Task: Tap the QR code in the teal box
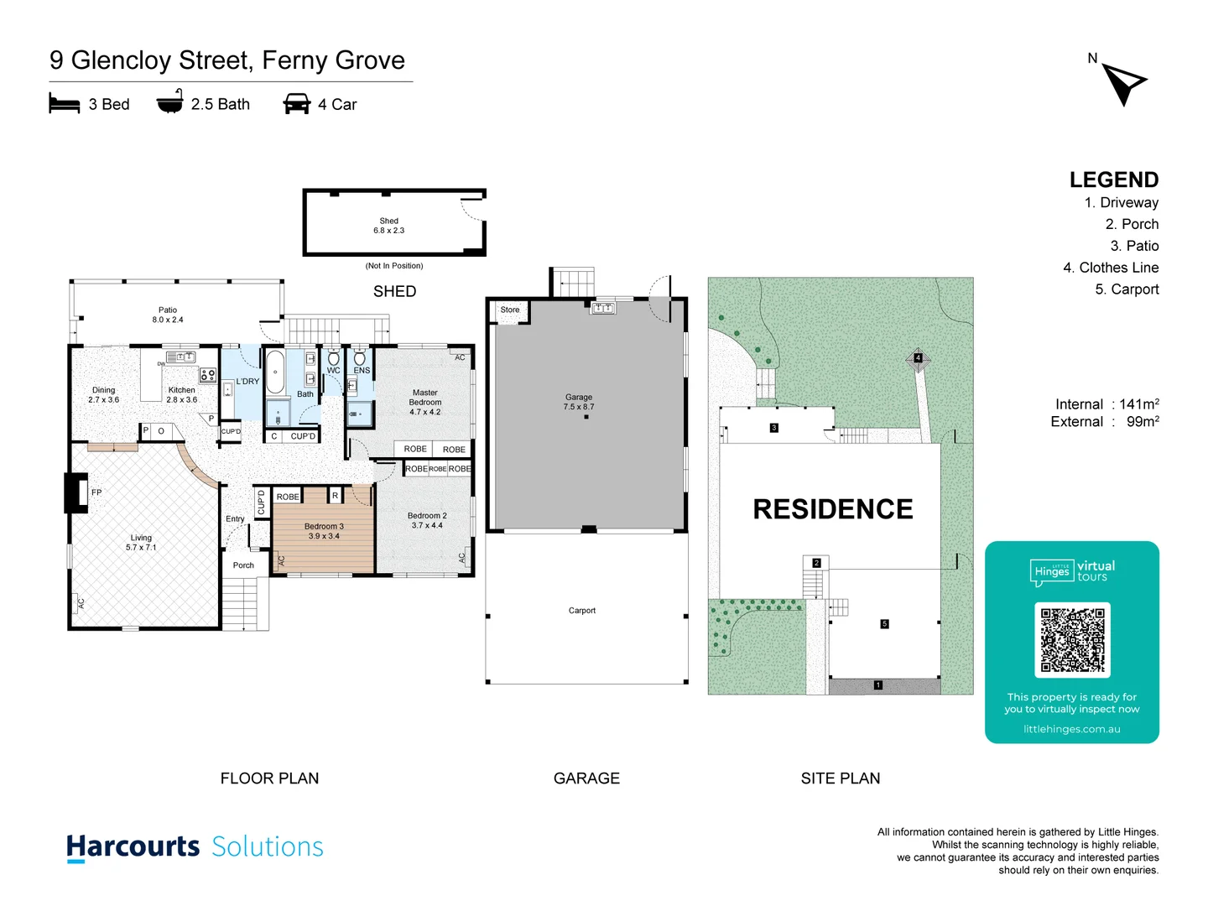coord(1072,639)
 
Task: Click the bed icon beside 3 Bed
coord(65,104)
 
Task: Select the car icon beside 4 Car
coord(297,104)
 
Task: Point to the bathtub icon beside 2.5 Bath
coord(169,102)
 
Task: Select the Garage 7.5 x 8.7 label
coord(579,402)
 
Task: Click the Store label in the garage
coord(510,310)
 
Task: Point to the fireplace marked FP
coord(77,492)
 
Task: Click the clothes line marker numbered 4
coord(918,358)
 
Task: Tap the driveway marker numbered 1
coord(878,685)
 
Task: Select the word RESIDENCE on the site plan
coord(832,509)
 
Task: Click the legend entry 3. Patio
coord(1134,246)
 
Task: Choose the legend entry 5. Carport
coord(1127,289)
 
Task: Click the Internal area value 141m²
coord(1138,404)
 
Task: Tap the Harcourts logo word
coord(133,846)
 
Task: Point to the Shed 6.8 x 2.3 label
coord(389,226)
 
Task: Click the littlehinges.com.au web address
coord(1071,729)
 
